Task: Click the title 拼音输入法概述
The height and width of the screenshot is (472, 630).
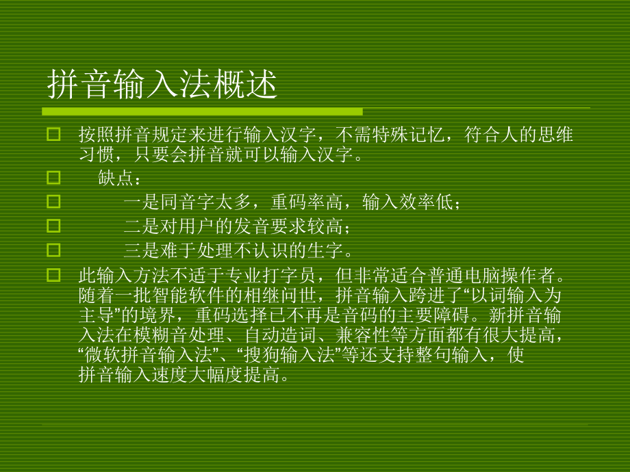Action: [x=162, y=86]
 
